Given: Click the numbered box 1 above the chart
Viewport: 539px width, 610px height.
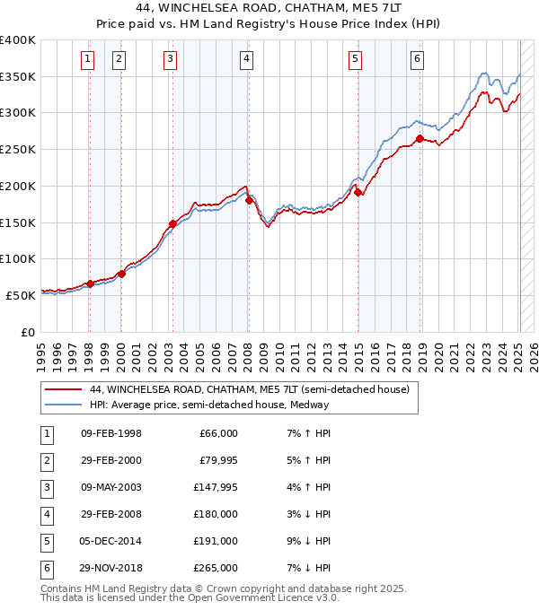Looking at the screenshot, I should point(88,60).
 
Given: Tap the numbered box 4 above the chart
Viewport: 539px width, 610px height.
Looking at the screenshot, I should point(246,60).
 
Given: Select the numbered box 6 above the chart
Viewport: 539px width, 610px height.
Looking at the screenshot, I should point(418,60).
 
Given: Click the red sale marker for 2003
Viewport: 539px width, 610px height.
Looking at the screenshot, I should point(172,223).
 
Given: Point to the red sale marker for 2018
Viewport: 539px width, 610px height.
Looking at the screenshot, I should point(420,138).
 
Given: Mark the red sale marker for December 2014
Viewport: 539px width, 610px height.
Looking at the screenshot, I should point(358,192).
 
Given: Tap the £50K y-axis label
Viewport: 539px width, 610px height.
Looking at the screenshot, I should point(21,295).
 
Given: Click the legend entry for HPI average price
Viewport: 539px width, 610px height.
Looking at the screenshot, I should point(209,405).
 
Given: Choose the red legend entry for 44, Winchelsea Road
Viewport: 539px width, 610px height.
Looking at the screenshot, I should point(250,389).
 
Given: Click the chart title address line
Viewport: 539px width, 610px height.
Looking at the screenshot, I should point(269,7).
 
